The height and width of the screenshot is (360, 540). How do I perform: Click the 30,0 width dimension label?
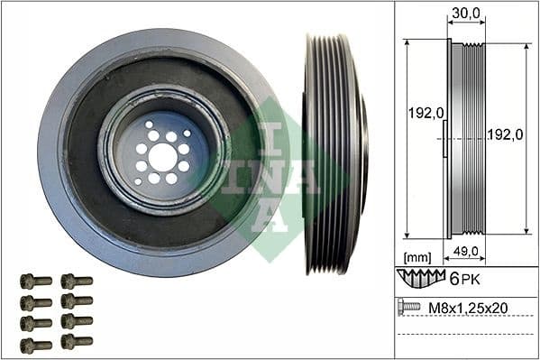tap(466, 13)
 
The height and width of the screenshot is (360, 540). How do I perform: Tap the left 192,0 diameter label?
tap(425, 115)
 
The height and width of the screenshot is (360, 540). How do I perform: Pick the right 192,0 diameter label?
tap(507, 134)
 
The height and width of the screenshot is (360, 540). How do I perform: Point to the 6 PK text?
tap(465, 279)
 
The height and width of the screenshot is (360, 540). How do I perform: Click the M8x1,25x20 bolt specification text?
tap(467, 308)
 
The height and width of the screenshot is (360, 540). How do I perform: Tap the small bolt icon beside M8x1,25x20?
tap(408, 308)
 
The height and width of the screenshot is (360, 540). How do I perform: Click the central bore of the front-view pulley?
tap(162, 156)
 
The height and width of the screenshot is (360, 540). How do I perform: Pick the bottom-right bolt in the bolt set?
tap(76, 342)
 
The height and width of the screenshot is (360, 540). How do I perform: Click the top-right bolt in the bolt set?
tap(76, 282)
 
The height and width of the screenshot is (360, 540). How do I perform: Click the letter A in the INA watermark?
tap(270, 216)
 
